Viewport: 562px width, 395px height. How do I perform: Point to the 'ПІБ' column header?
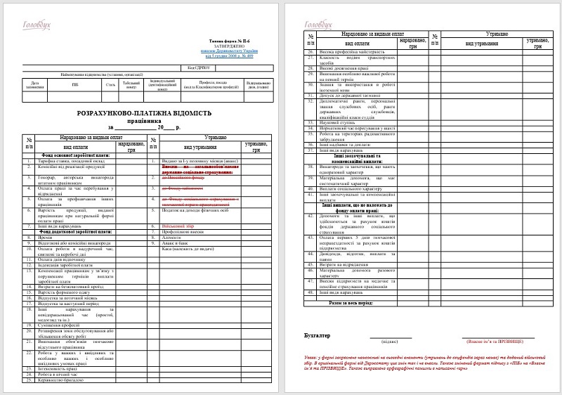[75, 85]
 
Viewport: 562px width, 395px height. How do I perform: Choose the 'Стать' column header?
[110, 85]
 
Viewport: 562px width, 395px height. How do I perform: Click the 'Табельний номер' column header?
[131, 85]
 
